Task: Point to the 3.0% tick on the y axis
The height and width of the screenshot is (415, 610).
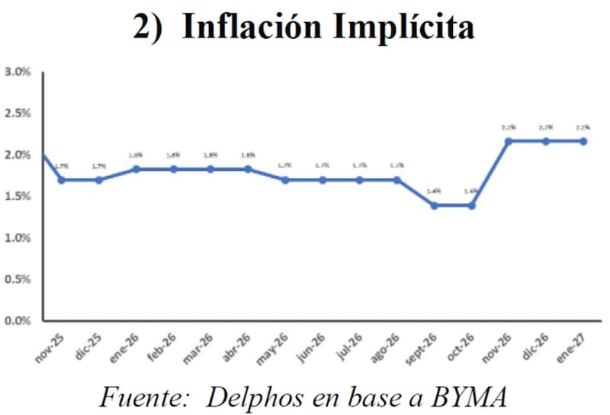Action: click(x=17, y=72)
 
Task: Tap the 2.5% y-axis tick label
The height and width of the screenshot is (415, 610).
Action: click(x=17, y=114)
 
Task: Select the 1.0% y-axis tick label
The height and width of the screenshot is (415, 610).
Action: click(x=17, y=238)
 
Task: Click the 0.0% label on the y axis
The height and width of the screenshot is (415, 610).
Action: click(x=17, y=320)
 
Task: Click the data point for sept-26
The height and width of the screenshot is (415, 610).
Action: click(x=435, y=206)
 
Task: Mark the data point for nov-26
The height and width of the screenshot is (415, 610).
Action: click(x=509, y=141)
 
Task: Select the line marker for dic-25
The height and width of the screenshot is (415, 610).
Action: click(x=98, y=180)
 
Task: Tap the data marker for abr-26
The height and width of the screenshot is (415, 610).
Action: click(x=248, y=169)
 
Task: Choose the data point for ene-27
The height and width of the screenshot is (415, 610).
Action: click(x=583, y=141)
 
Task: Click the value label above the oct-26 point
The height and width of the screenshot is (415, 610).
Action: click(x=470, y=191)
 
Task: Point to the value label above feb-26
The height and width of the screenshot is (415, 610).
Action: click(x=173, y=155)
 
